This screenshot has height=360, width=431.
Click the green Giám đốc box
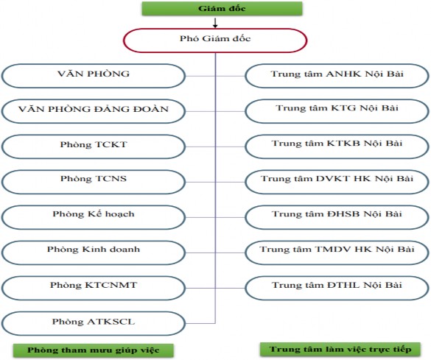[215, 9]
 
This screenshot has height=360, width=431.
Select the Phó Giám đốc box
[214, 40]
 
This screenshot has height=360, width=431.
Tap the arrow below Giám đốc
[215, 24]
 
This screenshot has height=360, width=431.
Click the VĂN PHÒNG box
[94, 75]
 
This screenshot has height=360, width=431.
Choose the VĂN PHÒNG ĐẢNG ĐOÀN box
[94, 110]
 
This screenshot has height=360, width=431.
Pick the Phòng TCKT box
[94, 145]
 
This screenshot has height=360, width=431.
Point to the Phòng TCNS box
[94, 180]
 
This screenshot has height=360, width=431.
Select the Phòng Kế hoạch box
[94, 215]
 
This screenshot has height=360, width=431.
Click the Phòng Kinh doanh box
[94, 250]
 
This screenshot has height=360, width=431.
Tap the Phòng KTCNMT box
[94, 286]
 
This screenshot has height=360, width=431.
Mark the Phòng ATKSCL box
[94, 322]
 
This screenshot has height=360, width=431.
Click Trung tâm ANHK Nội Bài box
[337, 75]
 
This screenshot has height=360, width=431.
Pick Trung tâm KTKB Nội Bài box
[337, 145]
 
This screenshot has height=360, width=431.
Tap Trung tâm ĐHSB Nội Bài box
[337, 215]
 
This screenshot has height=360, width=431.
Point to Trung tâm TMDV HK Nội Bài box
[337, 250]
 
